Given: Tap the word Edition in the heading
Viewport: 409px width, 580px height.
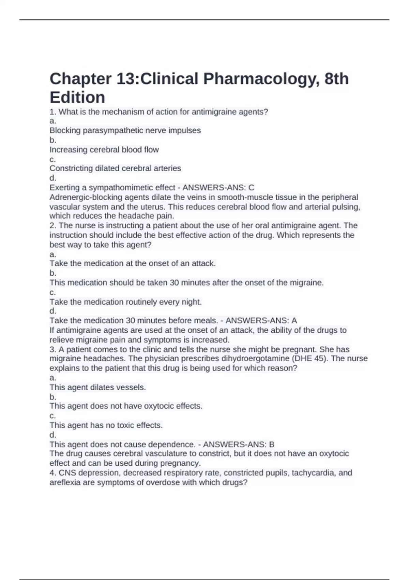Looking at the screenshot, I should [77, 98].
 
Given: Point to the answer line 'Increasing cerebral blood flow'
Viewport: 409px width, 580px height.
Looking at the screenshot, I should [104, 150].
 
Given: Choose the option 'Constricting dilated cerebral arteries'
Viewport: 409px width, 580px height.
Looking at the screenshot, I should [115, 169].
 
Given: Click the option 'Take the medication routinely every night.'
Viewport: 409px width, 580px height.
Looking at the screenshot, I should [126, 302].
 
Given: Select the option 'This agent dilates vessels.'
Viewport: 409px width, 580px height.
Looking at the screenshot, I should [98, 388].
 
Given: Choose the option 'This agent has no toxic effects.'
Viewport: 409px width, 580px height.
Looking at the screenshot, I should [106, 425].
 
